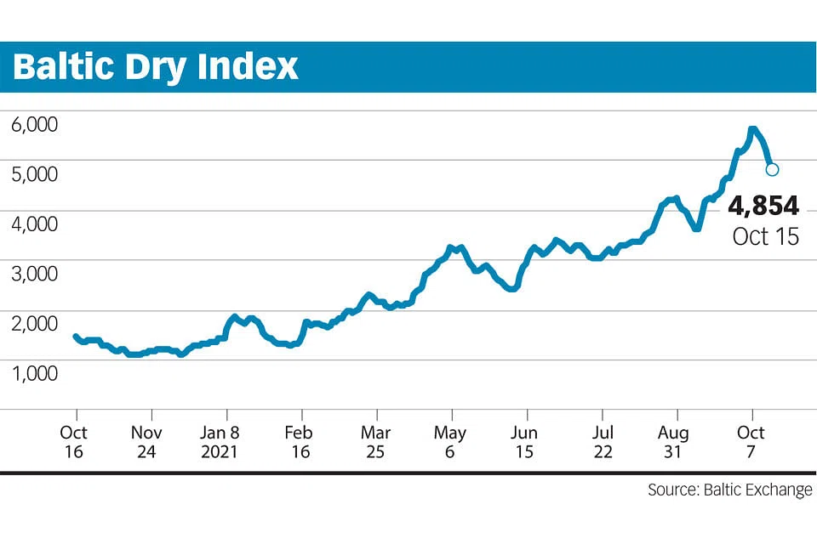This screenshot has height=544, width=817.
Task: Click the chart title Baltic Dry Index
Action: tap(156, 66)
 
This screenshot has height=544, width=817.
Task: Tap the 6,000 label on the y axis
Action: tap(34, 124)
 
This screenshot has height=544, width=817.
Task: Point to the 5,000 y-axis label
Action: tap(34, 174)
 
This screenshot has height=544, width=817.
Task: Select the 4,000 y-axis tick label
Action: tap(34, 224)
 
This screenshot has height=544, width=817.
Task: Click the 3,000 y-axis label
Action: tap(34, 274)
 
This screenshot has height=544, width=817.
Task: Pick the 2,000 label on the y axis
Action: tap(34, 324)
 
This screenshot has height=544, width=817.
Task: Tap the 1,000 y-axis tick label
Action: tap(34, 373)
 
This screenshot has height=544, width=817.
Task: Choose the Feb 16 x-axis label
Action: tap(300, 442)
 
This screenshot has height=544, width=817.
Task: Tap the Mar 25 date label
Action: tap(375, 442)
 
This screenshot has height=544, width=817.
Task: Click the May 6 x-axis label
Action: tap(450, 442)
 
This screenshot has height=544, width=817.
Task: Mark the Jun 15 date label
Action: tap(525, 442)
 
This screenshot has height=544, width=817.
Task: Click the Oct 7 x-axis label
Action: tap(751, 442)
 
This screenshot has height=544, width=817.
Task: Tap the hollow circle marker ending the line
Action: tap(772, 169)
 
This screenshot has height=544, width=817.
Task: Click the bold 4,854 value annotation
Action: tap(763, 207)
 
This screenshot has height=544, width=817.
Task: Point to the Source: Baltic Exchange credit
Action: tap(729, 490)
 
